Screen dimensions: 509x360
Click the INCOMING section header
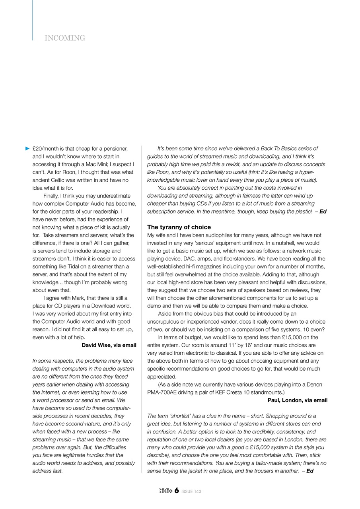click(65, 38)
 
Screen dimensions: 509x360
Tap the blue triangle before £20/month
click(27, 149)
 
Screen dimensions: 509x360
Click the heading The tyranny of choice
click(179, 227)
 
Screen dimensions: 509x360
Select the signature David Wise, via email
click(109, 345)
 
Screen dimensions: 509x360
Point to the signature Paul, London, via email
click(297, 400)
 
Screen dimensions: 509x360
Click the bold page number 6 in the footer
click(176, 491)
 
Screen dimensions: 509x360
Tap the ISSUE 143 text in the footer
click(191, 492)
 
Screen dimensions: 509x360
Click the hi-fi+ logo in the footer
click(165, 491)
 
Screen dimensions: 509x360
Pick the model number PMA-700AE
click(162, 392)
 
